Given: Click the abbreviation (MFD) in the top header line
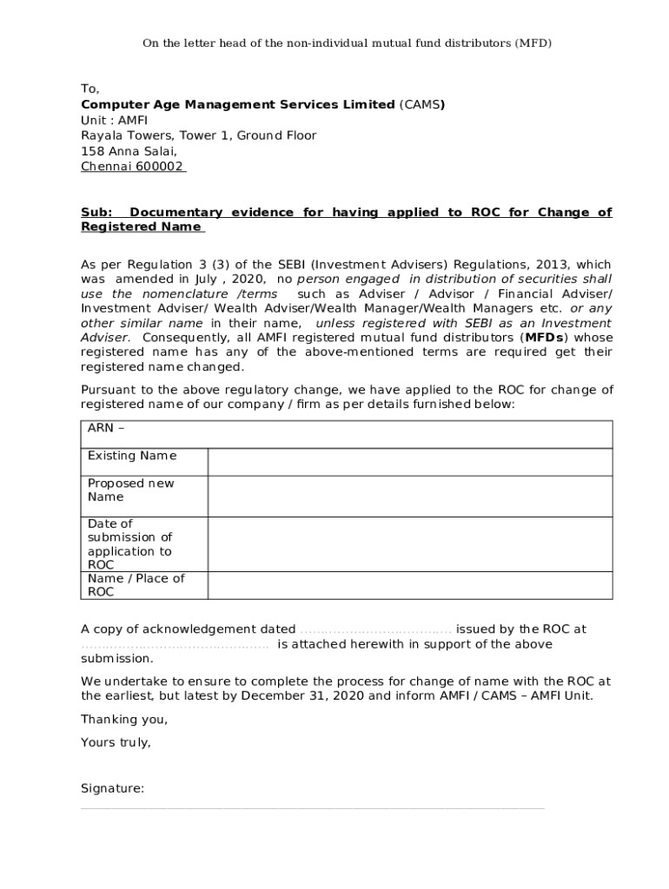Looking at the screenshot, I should click(533, 43).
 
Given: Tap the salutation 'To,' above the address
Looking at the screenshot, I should click(90, 89).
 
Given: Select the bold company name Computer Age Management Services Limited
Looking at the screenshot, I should click(237, 104).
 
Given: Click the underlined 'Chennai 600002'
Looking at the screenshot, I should click(132, 167).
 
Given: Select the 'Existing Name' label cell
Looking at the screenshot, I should click(132, 456).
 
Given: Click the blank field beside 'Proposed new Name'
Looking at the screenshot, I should click(410, 496).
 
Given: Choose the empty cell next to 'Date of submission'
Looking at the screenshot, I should click(410, 544).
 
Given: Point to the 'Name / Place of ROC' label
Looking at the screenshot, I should click(136, 585).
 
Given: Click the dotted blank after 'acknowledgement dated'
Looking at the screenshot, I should click(375, 629).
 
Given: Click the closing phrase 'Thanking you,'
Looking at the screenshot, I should click(124, 719).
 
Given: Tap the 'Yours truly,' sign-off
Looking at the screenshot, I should click(116, 742).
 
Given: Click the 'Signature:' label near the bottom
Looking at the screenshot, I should click(112, 788).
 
